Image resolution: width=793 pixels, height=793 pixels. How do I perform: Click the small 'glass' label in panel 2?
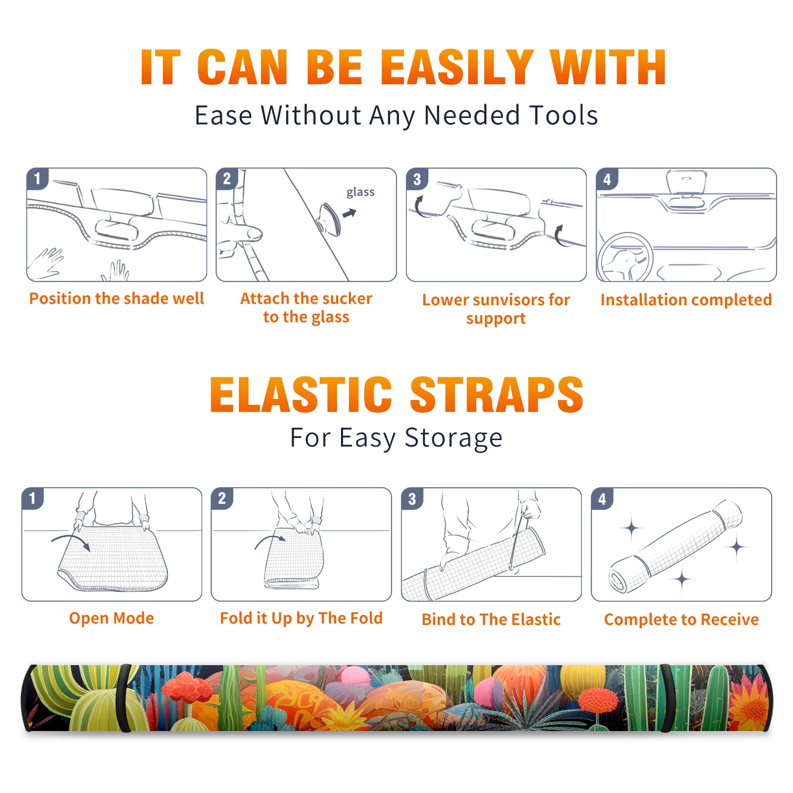[360, 192]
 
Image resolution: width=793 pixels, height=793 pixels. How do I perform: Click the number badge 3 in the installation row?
[417, 179]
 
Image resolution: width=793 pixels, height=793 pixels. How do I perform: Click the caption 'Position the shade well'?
[116, 298]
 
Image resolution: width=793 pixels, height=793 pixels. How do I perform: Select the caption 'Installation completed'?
[686, 300]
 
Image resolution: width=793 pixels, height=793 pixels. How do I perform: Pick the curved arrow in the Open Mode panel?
[71, 541]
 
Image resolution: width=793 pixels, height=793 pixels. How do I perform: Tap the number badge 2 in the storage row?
[222, 498]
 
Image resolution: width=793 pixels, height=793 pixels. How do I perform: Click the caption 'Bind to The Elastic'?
[491, 620]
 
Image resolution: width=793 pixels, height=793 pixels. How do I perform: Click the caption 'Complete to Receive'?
[681, 620]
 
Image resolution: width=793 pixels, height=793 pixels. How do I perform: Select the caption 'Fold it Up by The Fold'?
[301, 618]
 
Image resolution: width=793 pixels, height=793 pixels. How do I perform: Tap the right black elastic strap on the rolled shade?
[667, 698]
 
